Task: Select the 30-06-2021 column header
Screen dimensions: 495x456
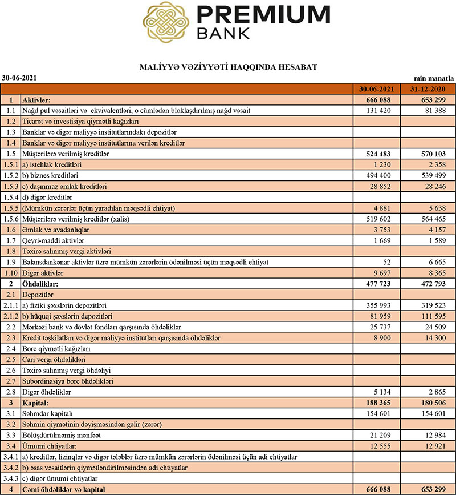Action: pyautogui.click(x=376, y=89)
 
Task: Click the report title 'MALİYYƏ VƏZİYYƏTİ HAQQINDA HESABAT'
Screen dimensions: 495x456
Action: pyautogui.click(x=228, y=67)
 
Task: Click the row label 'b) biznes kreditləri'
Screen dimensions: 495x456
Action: pyautogui.click(x=50, y=176)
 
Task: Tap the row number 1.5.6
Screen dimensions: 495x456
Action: pyautogui.click(x=10, y=219)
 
